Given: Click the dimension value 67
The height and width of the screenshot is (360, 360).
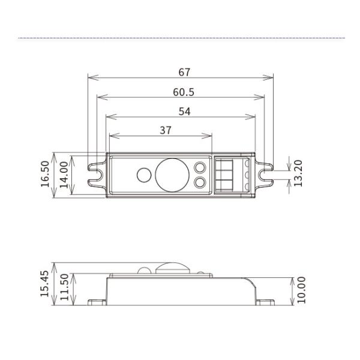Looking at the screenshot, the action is click(x=184, y=72).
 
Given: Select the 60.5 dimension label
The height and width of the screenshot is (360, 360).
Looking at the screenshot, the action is click(x=184, y=92).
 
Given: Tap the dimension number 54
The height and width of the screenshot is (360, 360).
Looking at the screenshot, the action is click(x=184, y=112).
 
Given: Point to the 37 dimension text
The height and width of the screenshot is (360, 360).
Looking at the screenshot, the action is click(x=166, y=130).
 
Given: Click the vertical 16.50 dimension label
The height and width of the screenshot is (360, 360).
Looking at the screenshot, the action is click(x=45, y=174).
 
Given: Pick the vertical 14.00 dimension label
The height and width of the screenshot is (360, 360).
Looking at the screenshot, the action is click(x=64, y=175).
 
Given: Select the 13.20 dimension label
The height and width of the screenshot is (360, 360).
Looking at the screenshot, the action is click(x=298, y=173).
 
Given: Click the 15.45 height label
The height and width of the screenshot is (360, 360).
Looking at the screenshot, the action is click(x=44, y=284).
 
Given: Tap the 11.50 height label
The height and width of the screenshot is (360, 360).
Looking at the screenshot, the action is click(x=64, y=287).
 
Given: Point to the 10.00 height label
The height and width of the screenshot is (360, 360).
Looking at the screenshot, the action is click(x=301, y=290).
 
